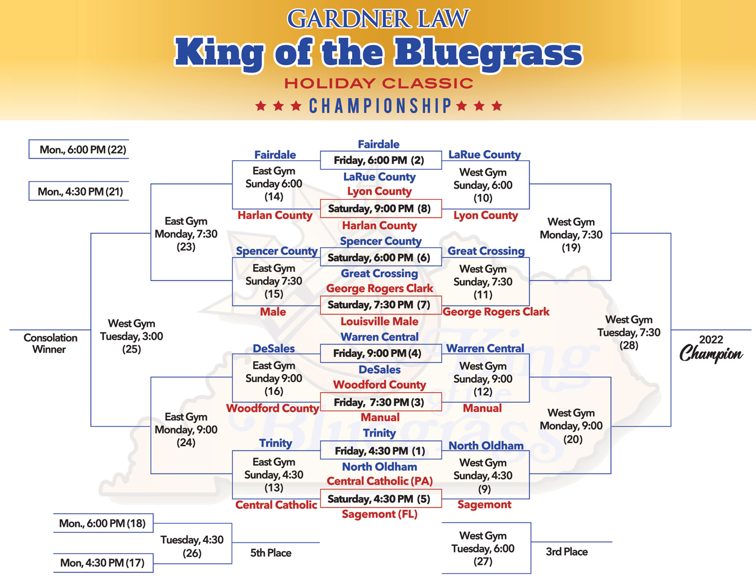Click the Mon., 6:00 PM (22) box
pyautogui.click(x=83, y=150)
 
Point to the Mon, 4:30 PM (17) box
pyautogui.click(x=103, y=563)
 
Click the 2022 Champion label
pyautogui.click(x=711, y=348)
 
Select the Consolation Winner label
pyautogui.click(x=50, y=344)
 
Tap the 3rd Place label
pyautogui.click(x=567, y=552)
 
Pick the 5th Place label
pyautogui.click(x=271, y=553)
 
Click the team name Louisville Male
pyautogui.click(x=379, y=322)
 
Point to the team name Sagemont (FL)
pyautogui.click(x=379, y=514)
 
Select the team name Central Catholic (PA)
pyautogui.click(x=379, y=481)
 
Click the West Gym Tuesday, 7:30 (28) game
pyautogui.click(x=628, y=333)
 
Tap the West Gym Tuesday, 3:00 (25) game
pyautogui.click(x=131, y=336)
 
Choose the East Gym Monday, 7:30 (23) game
pyautogui.click(x=186, y=234)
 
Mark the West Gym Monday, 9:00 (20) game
pyautogui.click(x=571, y=426)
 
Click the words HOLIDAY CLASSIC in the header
pyautogui.click(x=378, y=84)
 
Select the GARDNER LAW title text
pyautogui.click(x=378, y=19)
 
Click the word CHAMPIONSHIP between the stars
pyautogui.click(x=380, y=106)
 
